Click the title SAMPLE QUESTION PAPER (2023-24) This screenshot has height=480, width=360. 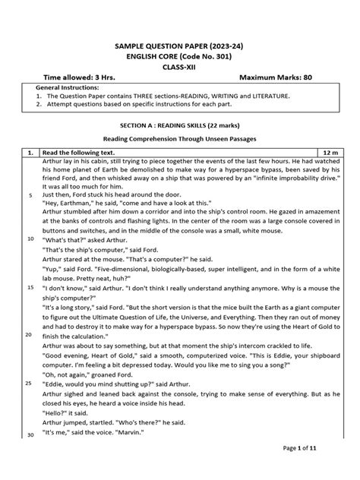point(180,46)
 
